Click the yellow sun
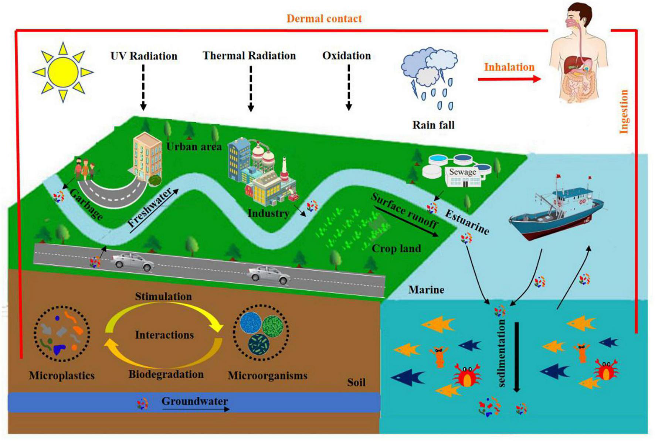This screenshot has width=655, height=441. [63, 72]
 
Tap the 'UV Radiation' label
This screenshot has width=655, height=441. [144, 56]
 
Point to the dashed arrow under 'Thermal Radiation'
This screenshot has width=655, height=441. [251, 89]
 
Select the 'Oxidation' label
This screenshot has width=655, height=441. [346, 56]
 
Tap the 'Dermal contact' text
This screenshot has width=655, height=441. [324, 18]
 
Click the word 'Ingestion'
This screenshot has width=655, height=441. [624, 112]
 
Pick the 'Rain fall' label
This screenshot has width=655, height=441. [433, 125]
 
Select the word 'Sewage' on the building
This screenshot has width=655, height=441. [462, 172]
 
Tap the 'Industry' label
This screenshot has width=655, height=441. [268, 213]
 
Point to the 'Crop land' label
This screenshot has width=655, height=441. [396, 249]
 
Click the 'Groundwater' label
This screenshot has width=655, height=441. [194, 401]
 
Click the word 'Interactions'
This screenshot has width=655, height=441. [164, 335]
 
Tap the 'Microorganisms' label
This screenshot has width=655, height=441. [267, 376]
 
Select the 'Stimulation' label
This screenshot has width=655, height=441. [163, 297]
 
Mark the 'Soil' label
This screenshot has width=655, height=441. [356, 382]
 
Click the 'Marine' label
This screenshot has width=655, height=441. [426, 290]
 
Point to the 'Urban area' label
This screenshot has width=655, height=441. [194, 147]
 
